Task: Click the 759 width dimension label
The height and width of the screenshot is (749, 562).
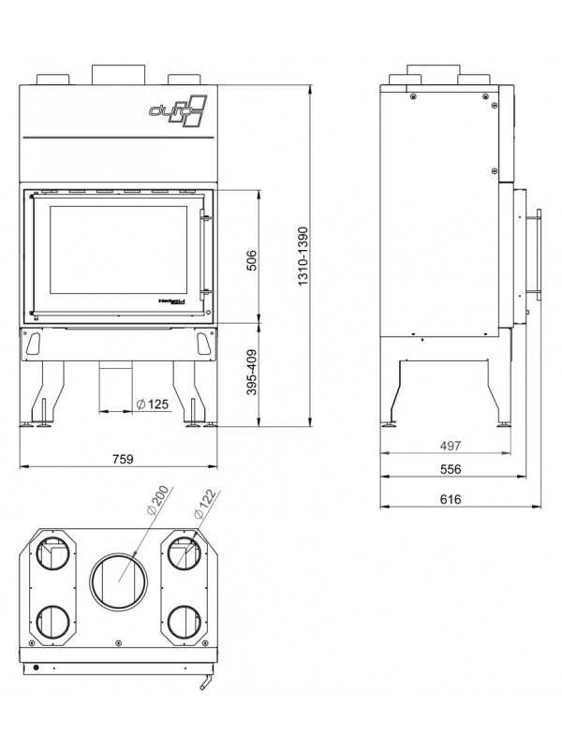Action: [123, 459]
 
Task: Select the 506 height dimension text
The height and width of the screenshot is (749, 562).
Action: [251, 259]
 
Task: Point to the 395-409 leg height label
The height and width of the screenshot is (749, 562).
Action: [251, 373]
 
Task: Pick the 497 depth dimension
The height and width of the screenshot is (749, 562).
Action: [451, 445]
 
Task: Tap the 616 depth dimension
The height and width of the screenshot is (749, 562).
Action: [451, 500]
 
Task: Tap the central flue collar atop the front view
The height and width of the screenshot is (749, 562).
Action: [118, 73]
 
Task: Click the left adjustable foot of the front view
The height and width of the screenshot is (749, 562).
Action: [42, 423]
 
